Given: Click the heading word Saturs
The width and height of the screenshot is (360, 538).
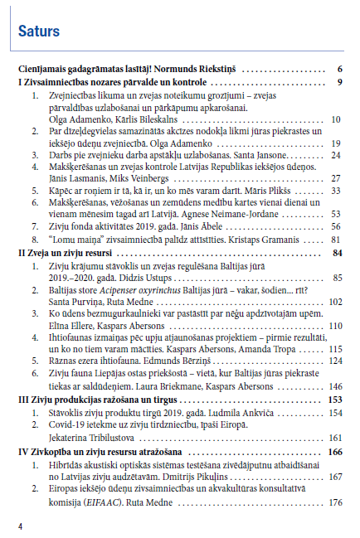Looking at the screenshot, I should coord(39,32).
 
